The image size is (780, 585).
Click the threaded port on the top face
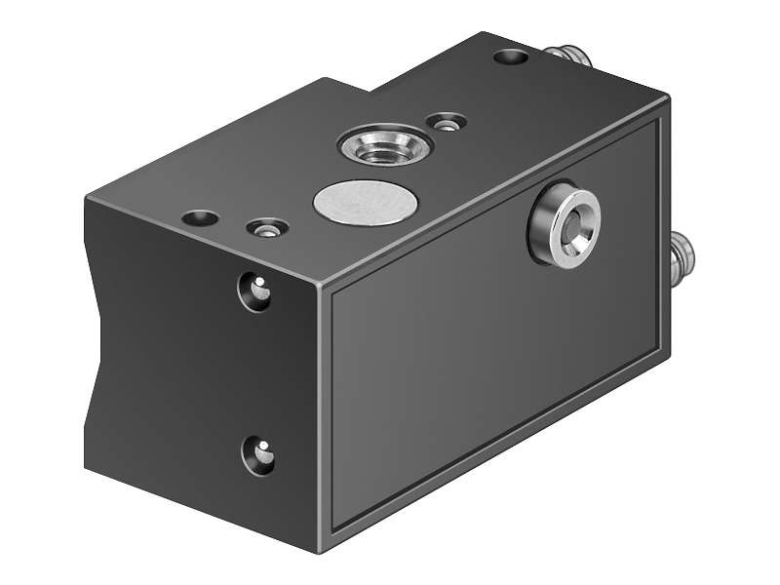384,146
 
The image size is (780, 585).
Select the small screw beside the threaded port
448,124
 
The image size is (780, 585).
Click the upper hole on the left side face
257,291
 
